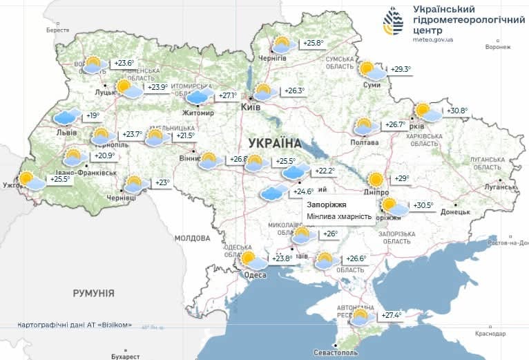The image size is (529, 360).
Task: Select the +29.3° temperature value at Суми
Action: click(x=401, y=69)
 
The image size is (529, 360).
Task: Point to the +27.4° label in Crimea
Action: click(x=392, y=316)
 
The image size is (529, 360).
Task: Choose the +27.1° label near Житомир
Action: click(x=228, y=96)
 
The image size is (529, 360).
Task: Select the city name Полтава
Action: click(x=365, y=142)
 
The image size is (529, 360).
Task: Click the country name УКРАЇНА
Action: click(x=274, y=143)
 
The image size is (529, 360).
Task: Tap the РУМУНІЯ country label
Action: click(x=93, y=293)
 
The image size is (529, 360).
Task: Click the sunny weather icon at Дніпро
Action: click(x=376, y=180)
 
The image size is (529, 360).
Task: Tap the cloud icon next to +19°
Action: click(x=68, y=117)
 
